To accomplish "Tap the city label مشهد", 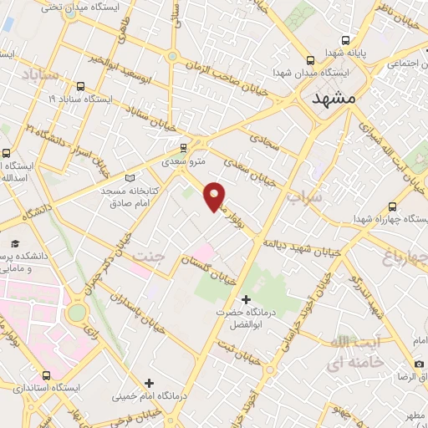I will pos(334,98).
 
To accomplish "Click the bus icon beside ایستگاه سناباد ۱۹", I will pos(80,85).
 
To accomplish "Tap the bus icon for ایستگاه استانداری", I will pos(46,375).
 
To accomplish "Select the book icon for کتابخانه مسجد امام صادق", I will pos(128,178).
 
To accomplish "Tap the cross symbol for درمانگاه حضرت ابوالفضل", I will pos(246,298).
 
